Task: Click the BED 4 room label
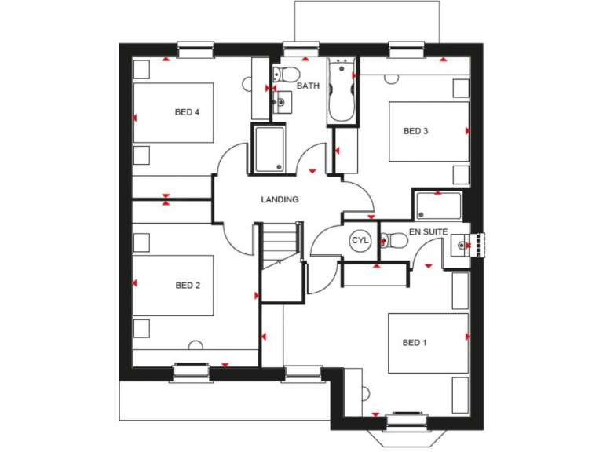pos(187,112)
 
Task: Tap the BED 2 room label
pos(187,286)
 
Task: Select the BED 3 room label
pos(415,131)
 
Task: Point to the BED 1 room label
pos(415,343)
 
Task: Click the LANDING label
pos(280,199)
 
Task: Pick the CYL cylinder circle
pos(360,240)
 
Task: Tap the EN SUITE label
pos(428,232)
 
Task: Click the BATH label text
pos(308,86)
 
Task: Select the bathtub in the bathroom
pos(342,91)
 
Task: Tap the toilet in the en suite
pos(393,242)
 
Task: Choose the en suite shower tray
pos(438,205)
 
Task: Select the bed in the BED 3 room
pos(429,131)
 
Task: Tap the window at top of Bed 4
pos(196,50)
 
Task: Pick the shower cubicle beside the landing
pos(269,149)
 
